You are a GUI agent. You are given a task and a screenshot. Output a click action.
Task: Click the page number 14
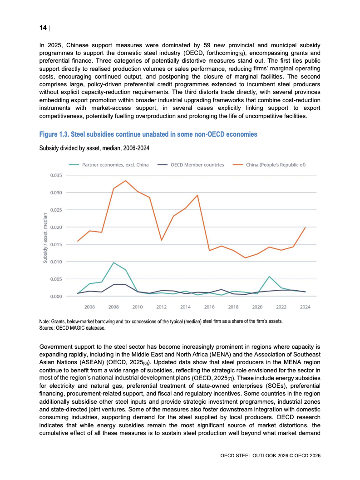coord(43,28)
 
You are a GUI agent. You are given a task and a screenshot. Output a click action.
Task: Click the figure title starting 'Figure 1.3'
coord(148,134)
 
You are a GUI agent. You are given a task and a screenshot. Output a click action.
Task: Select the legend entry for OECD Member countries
coord(191,165)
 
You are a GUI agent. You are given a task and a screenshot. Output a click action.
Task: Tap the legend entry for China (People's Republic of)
coord(269,165)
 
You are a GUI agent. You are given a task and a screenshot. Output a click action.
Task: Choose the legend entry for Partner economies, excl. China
coord(108,165)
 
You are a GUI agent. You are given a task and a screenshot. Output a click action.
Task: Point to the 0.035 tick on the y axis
coord(56,175)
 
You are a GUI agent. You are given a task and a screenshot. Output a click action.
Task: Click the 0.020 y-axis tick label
coord(56,227)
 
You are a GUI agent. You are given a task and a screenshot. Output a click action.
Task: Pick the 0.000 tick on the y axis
coord(56,297)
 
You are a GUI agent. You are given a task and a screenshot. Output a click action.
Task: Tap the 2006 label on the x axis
coord(89,307)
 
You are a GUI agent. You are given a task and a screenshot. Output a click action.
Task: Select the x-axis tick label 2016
coord(209,307)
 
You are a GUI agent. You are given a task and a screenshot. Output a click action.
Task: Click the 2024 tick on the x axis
coord(305,307)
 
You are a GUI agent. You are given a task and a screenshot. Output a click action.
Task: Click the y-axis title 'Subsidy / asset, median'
coord(45,238)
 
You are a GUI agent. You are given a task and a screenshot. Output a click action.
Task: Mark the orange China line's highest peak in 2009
coord(125,181)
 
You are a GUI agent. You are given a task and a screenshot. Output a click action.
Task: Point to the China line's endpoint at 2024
coord(305,228)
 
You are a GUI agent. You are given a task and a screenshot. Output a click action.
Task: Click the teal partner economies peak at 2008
coord(113,262)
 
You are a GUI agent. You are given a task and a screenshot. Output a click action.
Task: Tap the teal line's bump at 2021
coord(269,277)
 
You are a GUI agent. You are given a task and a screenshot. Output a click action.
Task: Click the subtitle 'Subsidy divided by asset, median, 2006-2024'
coord(94,148)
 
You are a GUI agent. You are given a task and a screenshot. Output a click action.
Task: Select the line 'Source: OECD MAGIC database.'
coord(72,328)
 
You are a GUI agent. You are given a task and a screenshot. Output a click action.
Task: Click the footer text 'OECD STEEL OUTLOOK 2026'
coord(254,455)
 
